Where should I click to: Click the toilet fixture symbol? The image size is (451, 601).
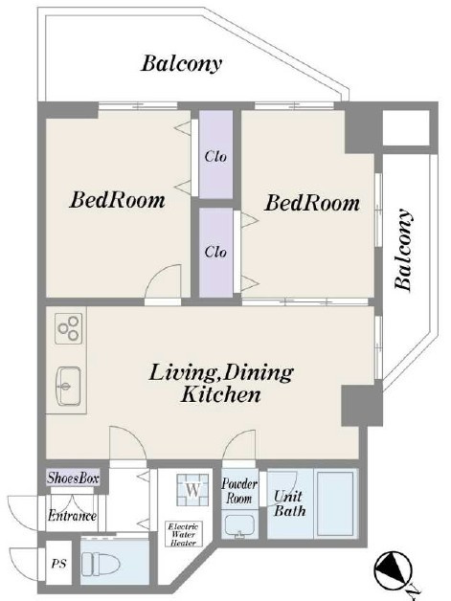101,563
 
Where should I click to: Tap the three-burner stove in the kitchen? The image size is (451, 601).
69,329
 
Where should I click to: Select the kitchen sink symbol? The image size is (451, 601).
69,386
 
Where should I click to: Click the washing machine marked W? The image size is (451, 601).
192,490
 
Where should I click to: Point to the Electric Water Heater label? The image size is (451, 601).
183,534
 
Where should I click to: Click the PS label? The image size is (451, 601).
59,564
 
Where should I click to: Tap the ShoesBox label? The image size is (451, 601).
73,478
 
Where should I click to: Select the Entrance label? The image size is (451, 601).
72,516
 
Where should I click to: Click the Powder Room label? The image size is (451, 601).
239,491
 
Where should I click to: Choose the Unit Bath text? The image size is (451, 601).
289,503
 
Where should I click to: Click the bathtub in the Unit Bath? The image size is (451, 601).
336,503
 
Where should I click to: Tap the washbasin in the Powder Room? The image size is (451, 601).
239,526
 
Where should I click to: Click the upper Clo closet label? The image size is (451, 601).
215,156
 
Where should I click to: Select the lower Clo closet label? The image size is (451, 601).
215,252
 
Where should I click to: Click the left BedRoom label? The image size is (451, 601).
118,200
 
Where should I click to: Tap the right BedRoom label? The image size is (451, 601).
312,203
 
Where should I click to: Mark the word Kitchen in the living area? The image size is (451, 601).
221,394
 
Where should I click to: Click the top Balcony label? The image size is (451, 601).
182,64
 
